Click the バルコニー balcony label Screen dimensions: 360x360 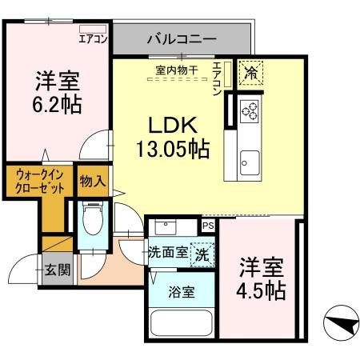pos(182,38)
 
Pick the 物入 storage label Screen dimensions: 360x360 pos(93,182)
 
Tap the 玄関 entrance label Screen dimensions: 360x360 pos(57,269)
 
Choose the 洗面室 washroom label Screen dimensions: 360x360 pos(169,254)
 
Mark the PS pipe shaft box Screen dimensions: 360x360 pos(208,226)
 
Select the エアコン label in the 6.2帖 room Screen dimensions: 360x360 pos(93,38)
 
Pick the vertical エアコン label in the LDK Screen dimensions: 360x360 pos(218,78)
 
